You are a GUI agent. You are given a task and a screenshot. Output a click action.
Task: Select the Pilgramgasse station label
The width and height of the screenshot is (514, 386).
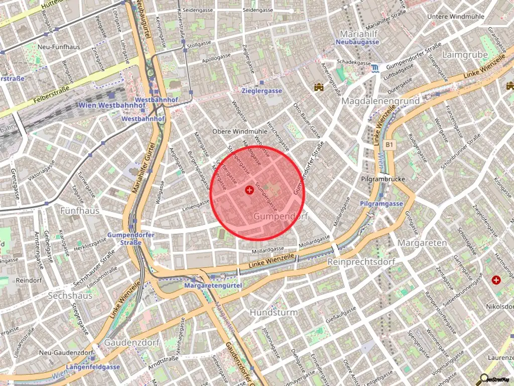click(381, 204)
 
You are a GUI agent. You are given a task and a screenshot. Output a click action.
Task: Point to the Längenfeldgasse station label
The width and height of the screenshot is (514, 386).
click(93, 367)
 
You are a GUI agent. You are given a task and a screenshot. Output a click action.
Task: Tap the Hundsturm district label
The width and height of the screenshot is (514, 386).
click(274, 312)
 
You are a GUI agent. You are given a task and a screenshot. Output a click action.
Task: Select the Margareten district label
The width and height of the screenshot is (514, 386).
click(422, 243)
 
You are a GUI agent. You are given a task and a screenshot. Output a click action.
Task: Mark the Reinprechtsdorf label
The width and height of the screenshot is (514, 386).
click(361, 262)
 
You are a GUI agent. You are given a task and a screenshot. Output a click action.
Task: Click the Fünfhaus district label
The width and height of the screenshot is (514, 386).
click(79, 211)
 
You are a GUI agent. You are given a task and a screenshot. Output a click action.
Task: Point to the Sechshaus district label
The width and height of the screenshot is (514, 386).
click(70, 296)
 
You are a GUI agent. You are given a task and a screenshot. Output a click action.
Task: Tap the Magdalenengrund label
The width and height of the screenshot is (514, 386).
click(380, 101)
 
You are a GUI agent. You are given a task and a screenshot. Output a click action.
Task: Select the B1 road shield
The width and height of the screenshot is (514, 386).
click(390, 144)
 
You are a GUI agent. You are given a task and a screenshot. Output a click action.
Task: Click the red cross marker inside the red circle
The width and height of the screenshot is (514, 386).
click(249, 190)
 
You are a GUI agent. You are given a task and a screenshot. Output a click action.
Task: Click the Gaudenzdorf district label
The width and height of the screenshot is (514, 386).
click(132, 342)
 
